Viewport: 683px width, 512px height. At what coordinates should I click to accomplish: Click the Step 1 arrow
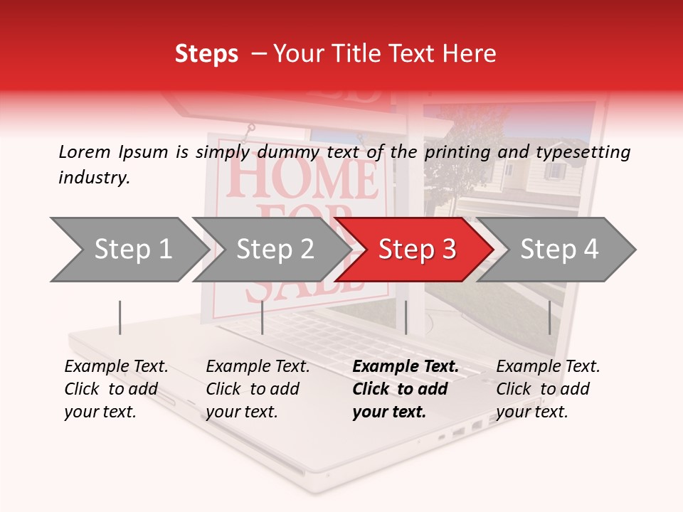128,250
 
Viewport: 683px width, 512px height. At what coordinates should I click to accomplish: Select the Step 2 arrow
270,250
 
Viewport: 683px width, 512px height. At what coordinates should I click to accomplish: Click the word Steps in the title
206,54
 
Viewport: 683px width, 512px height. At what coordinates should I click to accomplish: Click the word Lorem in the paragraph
84,151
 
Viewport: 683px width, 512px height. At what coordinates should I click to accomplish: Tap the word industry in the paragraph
94,178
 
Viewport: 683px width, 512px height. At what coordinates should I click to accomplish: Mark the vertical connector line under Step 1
120,317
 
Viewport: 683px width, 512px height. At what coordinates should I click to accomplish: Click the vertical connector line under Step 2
263,317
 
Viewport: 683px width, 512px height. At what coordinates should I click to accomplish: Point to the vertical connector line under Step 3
406,317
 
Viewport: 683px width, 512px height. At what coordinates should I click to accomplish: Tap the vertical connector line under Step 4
549,317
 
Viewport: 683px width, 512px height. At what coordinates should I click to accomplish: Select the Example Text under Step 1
116,367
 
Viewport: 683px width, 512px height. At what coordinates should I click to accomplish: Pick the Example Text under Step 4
548,367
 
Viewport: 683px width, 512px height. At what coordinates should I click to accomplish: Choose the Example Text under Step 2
258,367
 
